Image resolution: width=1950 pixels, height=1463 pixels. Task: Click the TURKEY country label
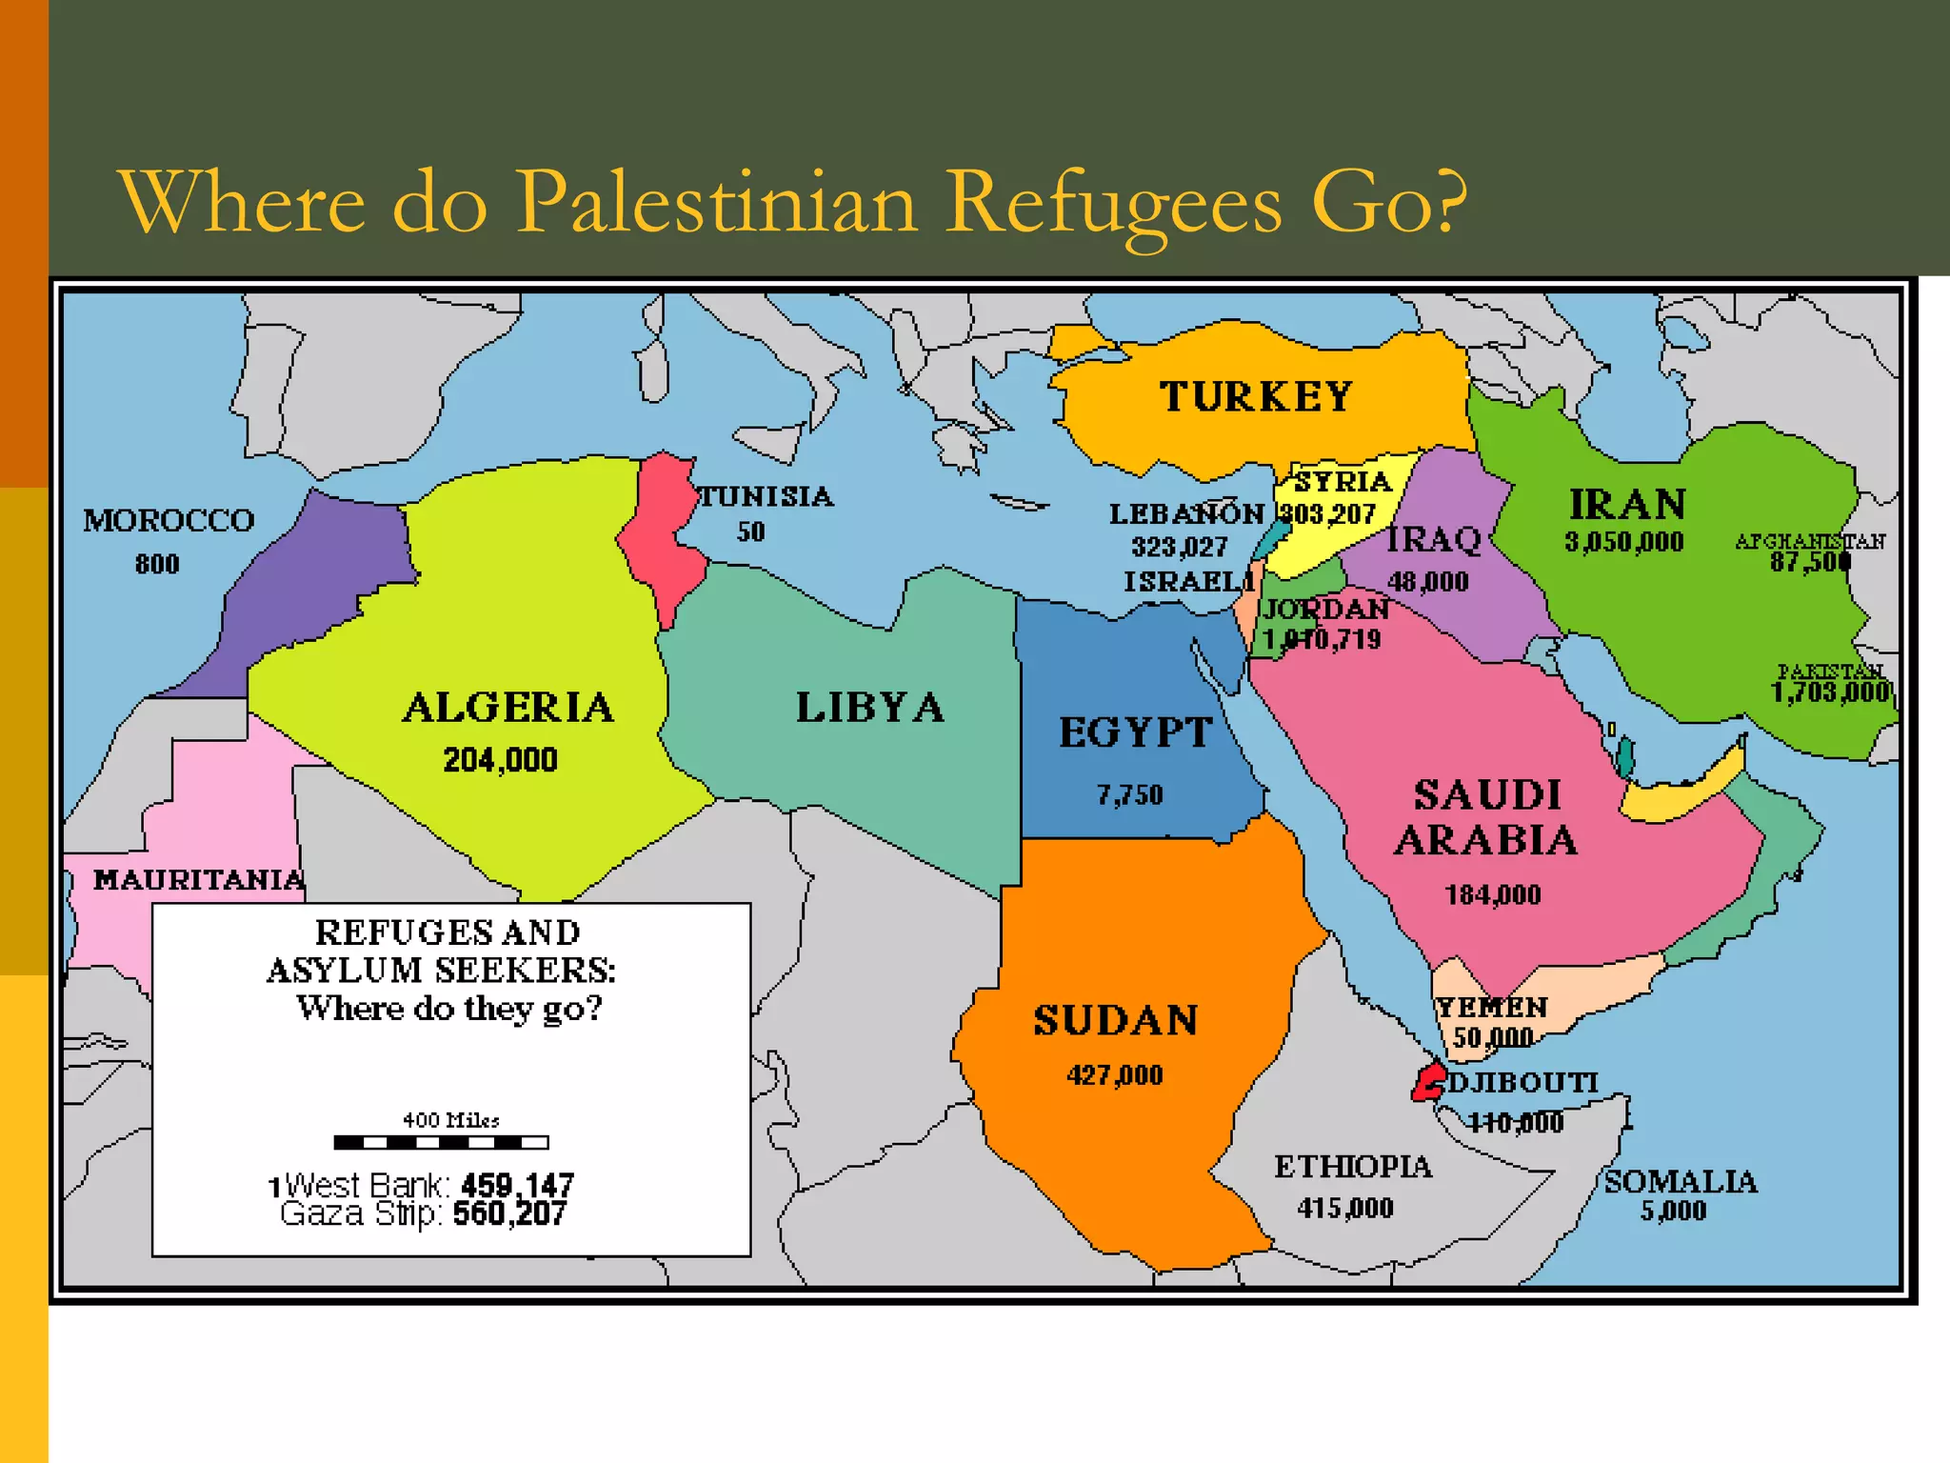(1256, 396)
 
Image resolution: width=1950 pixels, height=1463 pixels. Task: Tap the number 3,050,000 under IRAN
(1624, 542)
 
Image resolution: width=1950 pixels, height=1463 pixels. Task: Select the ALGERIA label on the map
(508, 708)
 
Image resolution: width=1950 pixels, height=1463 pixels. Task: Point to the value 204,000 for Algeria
(500, 760)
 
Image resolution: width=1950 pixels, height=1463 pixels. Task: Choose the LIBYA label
(870, 708)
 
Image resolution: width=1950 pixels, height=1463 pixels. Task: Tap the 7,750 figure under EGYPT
(1129, 795)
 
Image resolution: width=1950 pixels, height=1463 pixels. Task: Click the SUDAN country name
(1116, 1021)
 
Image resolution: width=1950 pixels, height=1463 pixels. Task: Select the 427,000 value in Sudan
(1115, 1075)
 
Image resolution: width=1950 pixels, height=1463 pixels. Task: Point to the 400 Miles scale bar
(442, 1142)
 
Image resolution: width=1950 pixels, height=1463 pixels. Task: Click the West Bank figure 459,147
(517, 1186)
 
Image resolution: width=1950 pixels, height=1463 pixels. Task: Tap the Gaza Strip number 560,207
(509, 1213)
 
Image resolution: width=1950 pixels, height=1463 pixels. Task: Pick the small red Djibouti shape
(1427, 1084)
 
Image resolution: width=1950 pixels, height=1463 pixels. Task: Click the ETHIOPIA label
(1353, 1167)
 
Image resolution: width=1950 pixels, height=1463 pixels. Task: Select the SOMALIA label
(1681, 1182)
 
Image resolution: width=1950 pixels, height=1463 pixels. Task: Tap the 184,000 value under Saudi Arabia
(1493, 895)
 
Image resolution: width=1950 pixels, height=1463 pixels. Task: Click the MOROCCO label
(169, 521)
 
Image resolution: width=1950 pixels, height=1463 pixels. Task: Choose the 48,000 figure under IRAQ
(1428, 582)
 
